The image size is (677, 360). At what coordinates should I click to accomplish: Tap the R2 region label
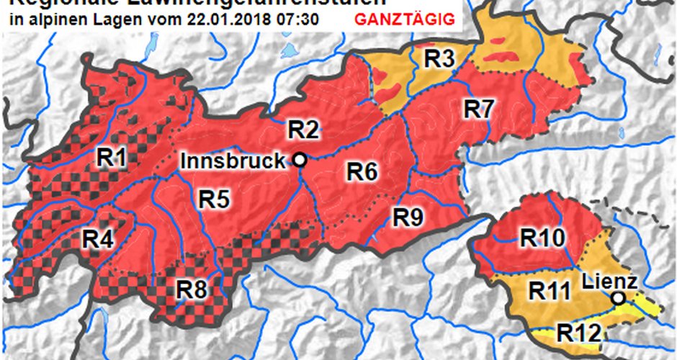(x=303, y=130)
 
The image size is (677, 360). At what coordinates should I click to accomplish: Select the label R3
(x=438, y=60)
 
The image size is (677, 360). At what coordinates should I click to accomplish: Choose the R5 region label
(x=215, y=198)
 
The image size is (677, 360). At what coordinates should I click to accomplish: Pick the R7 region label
(x=478, y=109)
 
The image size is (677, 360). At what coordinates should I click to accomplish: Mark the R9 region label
(x=408, y=217)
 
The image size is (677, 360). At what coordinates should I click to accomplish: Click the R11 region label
(x=550, y=291)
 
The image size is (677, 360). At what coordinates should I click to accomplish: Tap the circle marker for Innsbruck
(x=300, y=161)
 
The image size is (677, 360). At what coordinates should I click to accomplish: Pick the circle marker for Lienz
(x=618, y=297)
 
